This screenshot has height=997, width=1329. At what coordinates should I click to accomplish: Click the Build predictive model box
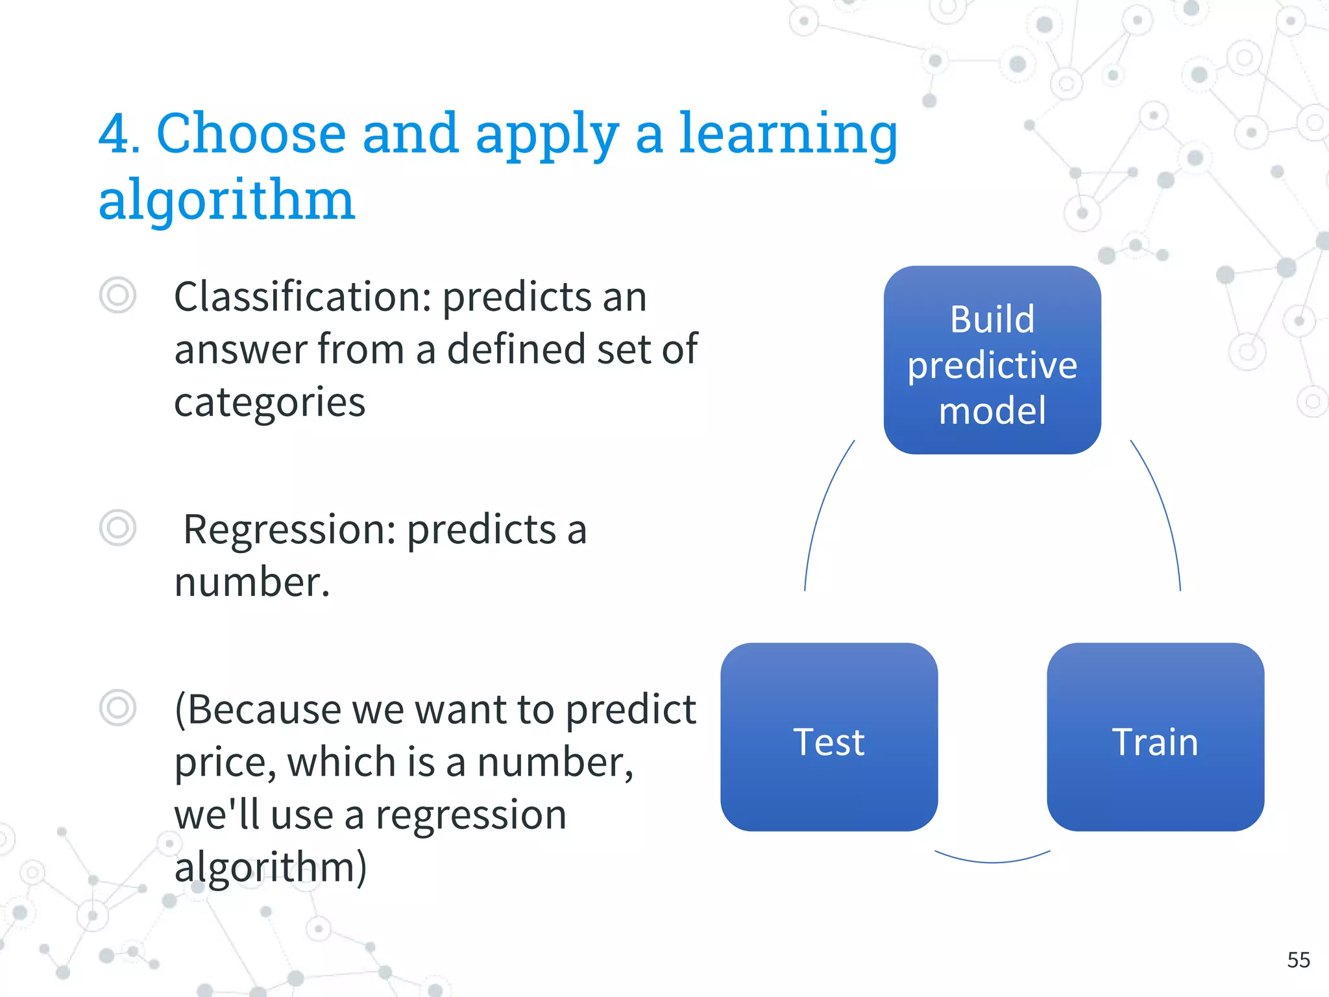[x=992, y=360]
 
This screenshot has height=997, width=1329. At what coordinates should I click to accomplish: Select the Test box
[x=829, y=737]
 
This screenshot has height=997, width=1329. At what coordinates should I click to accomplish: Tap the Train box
[x=1155, y=737]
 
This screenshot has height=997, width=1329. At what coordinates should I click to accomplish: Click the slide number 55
[x=1298, y=960]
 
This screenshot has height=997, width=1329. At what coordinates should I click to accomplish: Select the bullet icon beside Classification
[x=117, y=295]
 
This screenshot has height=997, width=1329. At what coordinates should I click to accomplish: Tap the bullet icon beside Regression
[x=117, y=527]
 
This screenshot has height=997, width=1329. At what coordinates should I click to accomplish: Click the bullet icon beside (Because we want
[x=117, y=708]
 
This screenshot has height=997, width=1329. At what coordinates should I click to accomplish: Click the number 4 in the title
[x=118, y=134]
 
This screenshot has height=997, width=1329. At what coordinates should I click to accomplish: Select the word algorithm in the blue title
[x=226, y=200]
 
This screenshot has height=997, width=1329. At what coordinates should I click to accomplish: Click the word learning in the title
[x=787, y=134]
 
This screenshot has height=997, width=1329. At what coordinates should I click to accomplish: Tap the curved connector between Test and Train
[x=992, y=861]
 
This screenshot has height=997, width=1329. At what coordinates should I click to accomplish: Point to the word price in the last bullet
[x=221, y=763]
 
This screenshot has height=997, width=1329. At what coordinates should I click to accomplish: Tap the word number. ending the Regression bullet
[x=252, y=582]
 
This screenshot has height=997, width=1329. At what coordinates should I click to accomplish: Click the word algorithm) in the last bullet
[x=270, y=868]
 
